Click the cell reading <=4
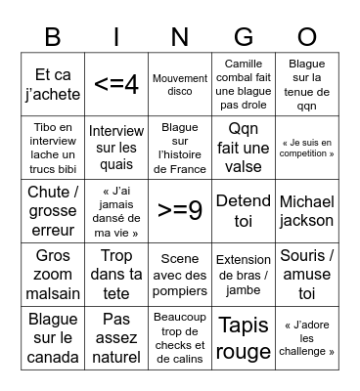tap(115, 85)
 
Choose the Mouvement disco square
tap(180, 85)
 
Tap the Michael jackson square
tap(306, 211)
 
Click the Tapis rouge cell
tap(244, 336)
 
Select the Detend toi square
tap(244, 211)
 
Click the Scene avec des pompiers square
tap(180, 274)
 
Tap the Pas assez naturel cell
tap(115, 336)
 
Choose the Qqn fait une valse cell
tap(244, 148)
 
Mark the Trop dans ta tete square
tap(115, 274)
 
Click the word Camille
tap(244, 65)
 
